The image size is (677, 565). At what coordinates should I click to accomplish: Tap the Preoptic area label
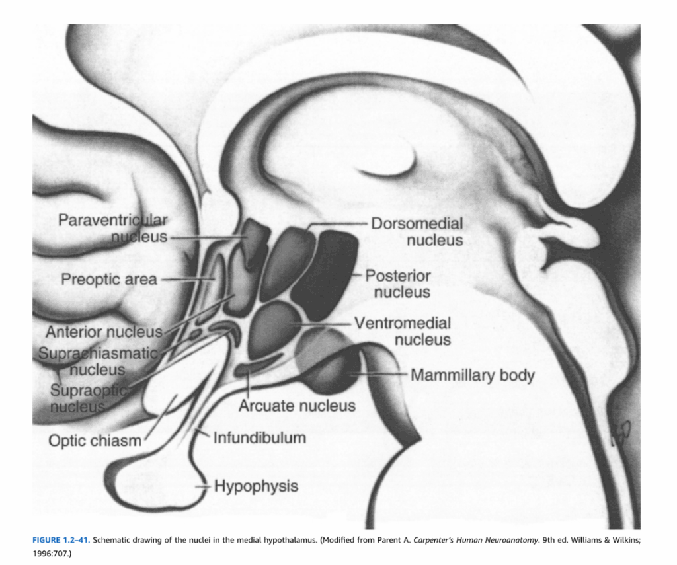click(109, 280)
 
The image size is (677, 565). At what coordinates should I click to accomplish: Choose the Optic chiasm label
click(95, 440)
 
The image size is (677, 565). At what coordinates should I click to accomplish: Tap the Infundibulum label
click(259, 437)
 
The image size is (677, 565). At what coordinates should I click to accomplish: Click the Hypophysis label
click(255, 487)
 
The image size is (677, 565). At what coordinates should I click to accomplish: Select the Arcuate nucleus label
click(297, 405)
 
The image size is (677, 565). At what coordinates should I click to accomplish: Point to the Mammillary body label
click(472, 375)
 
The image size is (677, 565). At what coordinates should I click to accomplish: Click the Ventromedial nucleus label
click(403, 332)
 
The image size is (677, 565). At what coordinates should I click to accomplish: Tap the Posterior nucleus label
click(399, 283)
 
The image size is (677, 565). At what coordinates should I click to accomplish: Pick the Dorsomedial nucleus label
click(417, 232)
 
